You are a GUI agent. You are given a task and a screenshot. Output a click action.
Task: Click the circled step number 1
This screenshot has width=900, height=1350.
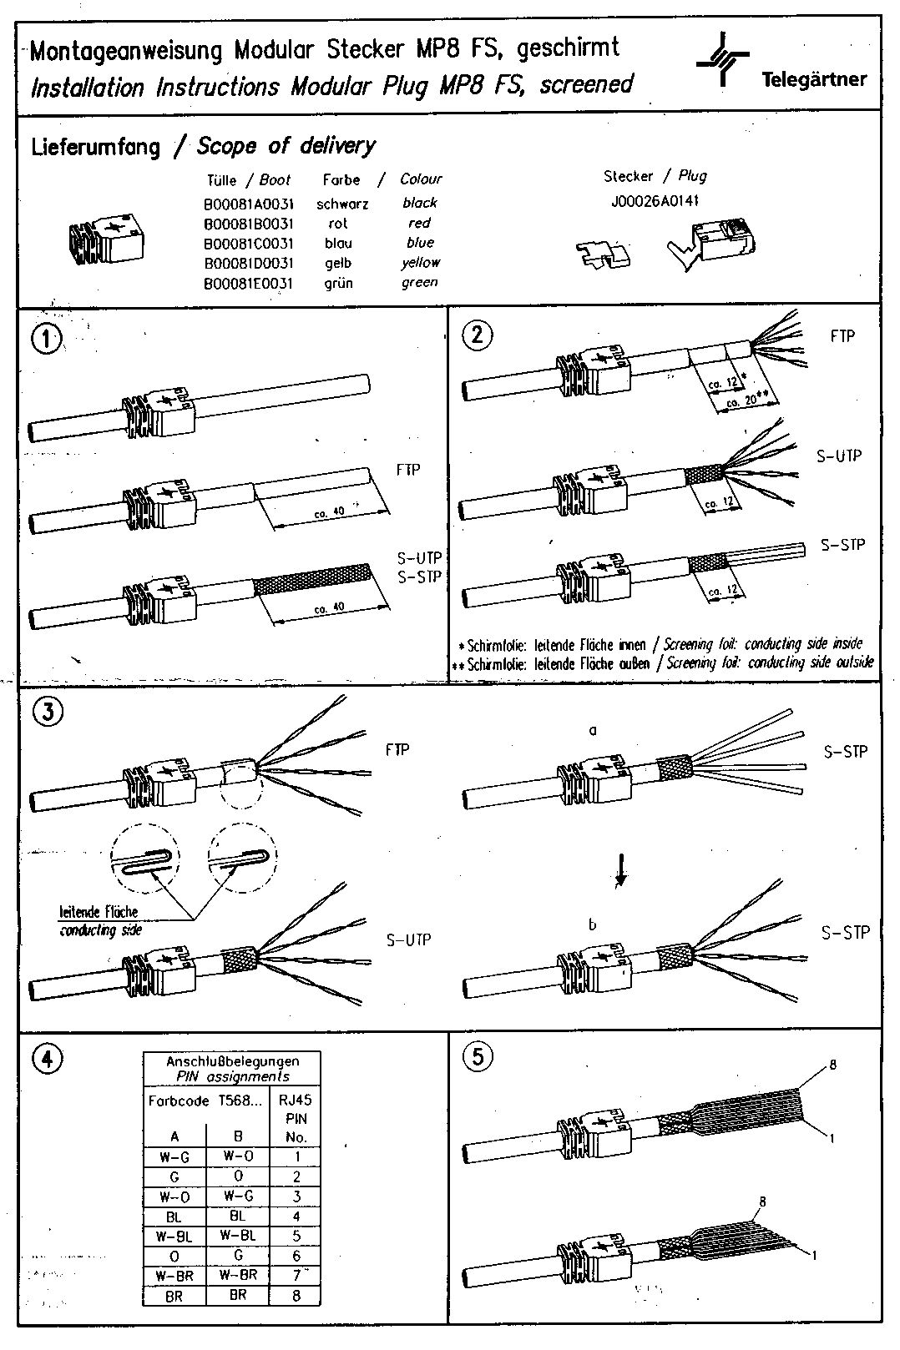47,339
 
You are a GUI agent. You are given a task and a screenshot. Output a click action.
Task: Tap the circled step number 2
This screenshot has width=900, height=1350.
478,335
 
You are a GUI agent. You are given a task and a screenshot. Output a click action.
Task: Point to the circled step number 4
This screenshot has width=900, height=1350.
46,1058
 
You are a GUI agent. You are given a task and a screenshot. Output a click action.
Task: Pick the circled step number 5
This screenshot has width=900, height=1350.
478,1056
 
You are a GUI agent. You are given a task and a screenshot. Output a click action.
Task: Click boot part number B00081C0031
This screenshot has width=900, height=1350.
248,243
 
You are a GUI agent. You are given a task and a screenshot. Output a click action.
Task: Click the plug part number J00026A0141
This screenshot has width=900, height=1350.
655,201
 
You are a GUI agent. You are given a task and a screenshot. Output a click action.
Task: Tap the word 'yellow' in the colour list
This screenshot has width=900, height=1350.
420,262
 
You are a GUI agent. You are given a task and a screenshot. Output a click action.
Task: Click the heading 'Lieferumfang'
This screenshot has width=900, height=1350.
95,148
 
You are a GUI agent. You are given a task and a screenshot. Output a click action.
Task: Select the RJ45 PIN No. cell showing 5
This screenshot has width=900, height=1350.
296,1236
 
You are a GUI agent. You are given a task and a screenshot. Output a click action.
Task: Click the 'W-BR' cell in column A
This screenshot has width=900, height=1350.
174,1276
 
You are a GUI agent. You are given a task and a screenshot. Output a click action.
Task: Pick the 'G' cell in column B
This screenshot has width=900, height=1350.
238,1256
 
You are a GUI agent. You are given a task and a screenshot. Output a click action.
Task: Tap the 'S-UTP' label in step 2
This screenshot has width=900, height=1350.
838,456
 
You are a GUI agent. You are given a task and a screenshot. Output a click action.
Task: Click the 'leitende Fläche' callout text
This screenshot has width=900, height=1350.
99,912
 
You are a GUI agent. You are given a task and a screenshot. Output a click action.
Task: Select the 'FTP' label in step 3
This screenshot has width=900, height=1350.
397,749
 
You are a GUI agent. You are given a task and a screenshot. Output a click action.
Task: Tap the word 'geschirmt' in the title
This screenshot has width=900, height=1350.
569,48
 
